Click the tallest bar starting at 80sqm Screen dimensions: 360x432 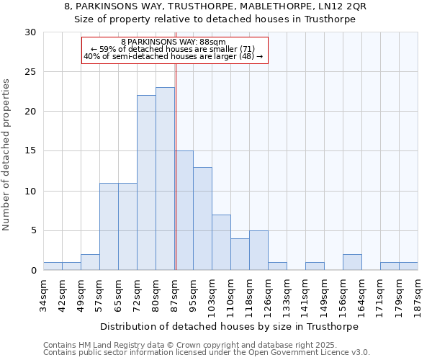click(x=165, y=179)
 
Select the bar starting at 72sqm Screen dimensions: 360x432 click(x=146, y=183)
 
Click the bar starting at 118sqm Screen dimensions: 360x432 click(x=258, y=251)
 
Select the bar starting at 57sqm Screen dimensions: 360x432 click(x=109, y=227)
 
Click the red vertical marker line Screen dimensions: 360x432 click(x=176, y=166)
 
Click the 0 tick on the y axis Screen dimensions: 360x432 click(x=35, y=271)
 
